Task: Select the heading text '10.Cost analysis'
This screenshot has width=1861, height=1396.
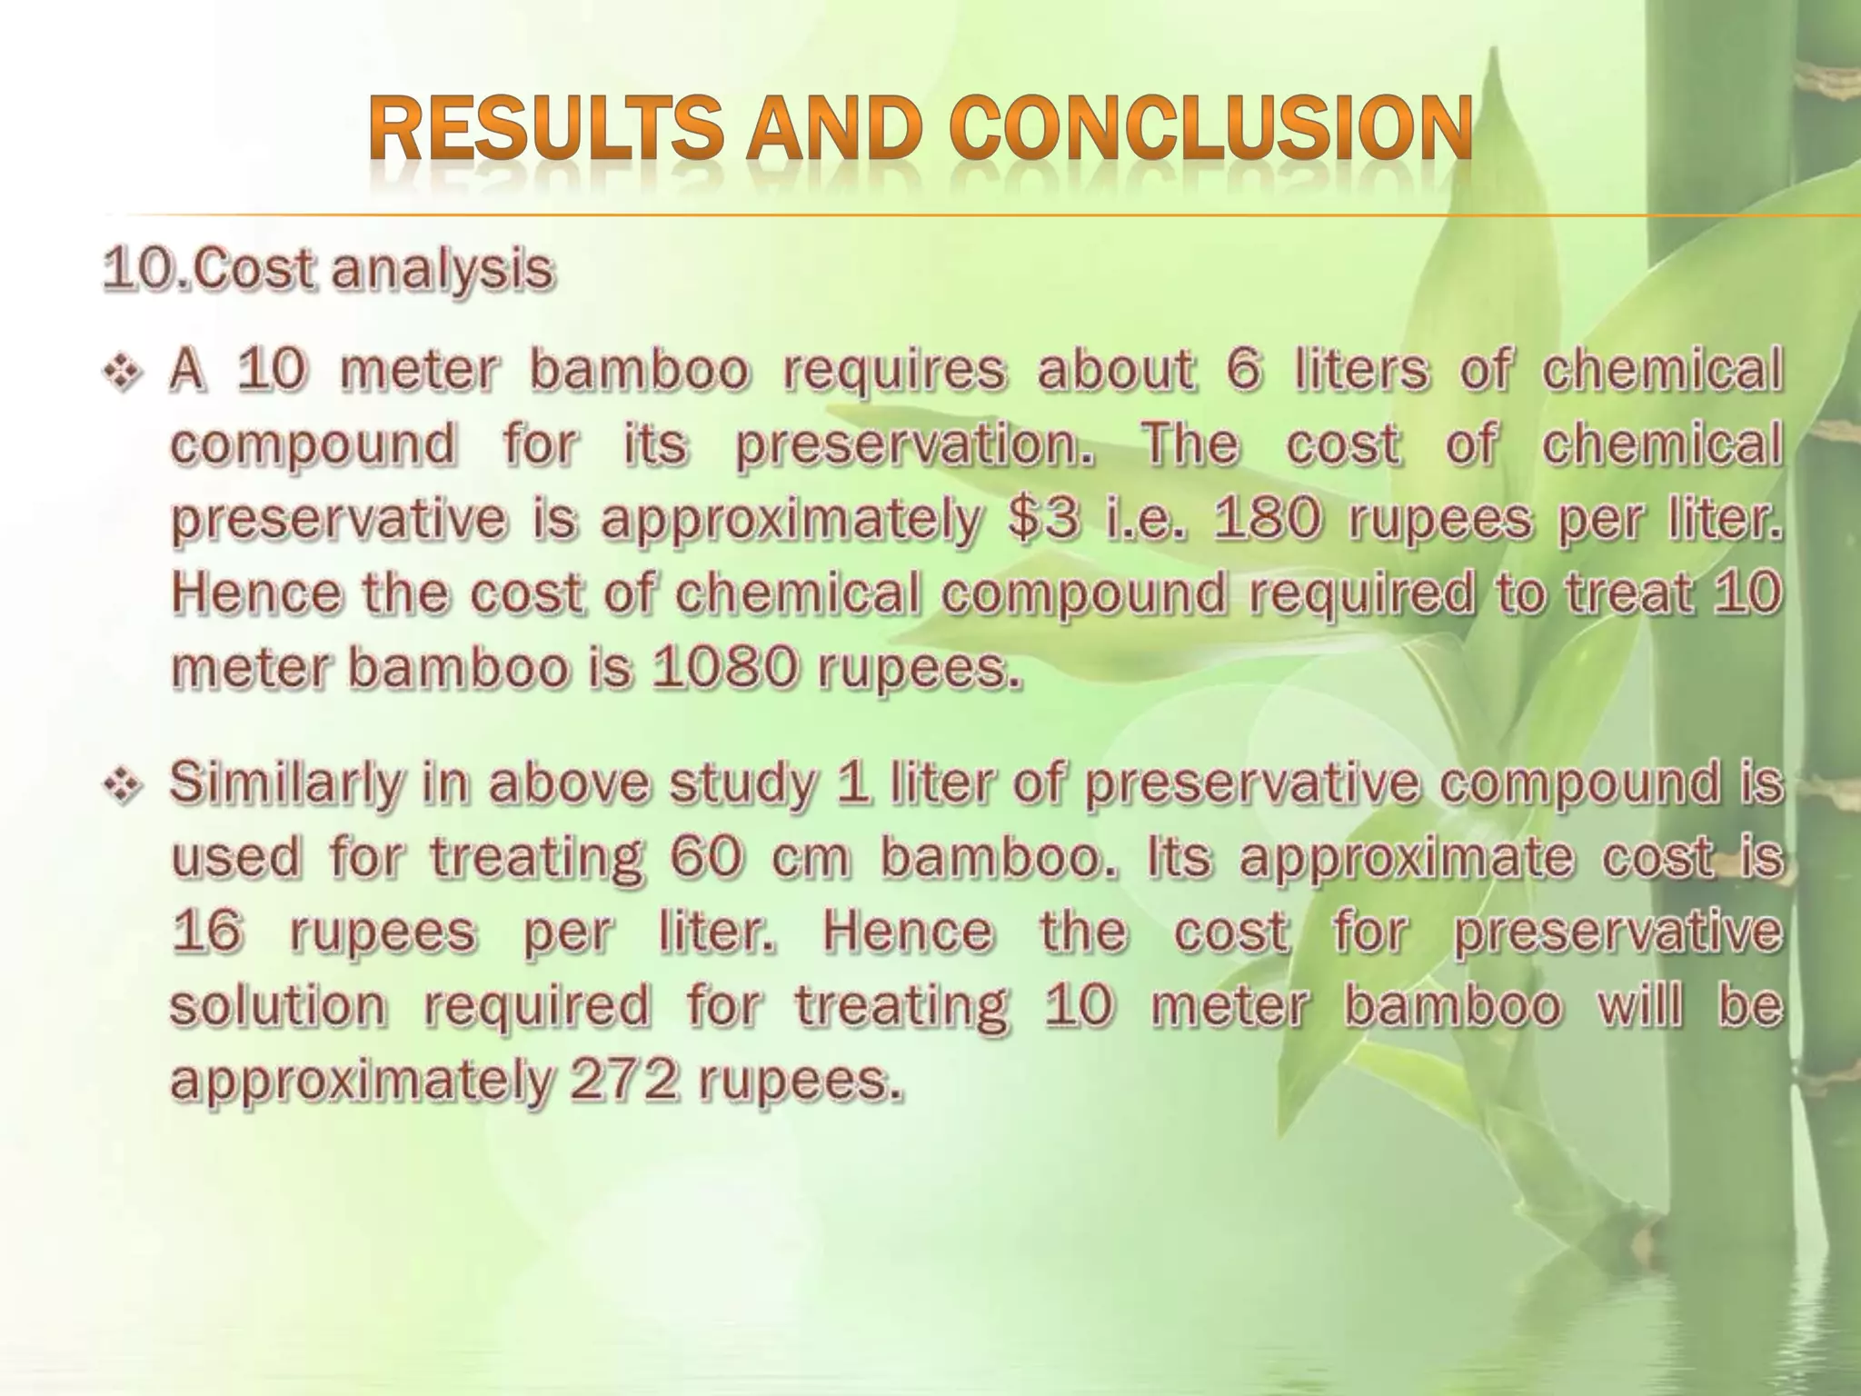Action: [327, 271]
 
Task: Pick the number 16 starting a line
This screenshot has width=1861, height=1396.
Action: [207, 932]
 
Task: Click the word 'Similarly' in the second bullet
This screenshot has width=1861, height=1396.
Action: [284, 784]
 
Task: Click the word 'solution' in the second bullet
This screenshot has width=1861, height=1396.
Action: [278, 1006]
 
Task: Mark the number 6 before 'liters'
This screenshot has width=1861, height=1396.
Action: [1243, 371]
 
